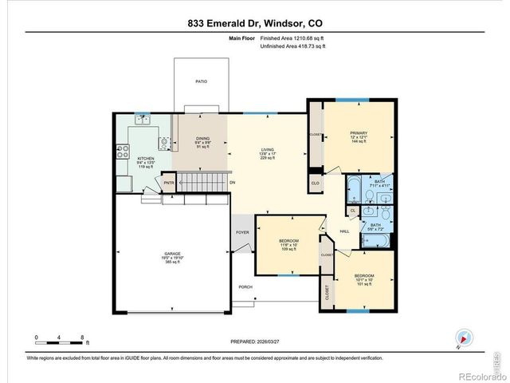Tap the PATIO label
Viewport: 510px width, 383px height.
coord(201,81)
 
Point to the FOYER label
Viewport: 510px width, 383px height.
coord(242,232)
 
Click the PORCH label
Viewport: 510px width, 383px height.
coord(245,287)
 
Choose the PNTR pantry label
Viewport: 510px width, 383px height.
coord(169,183)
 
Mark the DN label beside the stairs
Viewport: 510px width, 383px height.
coord(233,183)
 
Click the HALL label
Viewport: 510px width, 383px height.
coord(345,231)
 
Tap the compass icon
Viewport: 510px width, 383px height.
coord(461,338)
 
